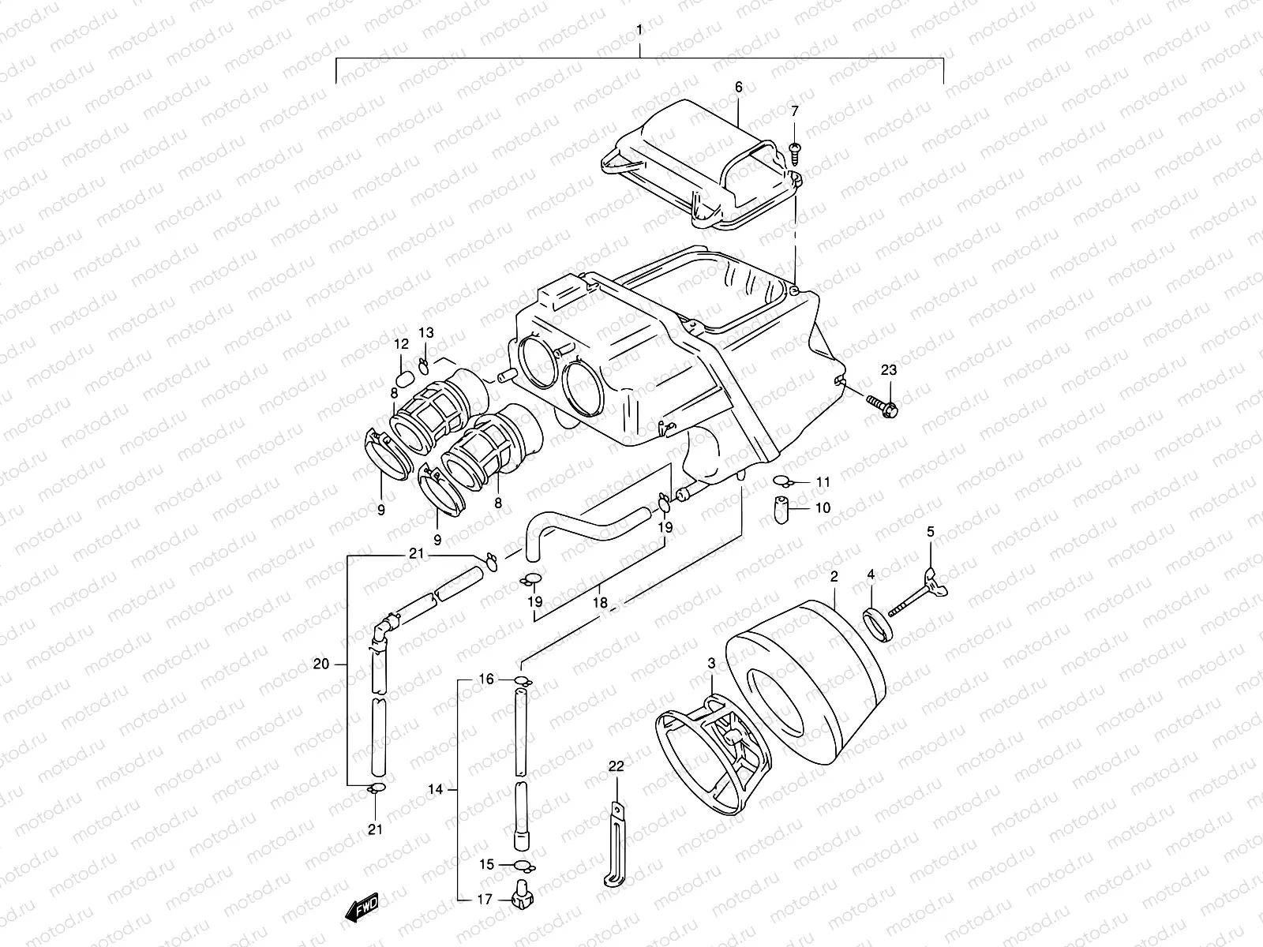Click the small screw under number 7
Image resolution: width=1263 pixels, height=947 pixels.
point(795,148)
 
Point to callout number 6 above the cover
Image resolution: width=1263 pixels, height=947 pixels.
point(739,88)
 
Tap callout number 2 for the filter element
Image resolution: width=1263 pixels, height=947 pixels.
point(834,577)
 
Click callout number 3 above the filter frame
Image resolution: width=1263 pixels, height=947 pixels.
point(711,665)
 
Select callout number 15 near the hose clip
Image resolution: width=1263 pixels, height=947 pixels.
point(487,865)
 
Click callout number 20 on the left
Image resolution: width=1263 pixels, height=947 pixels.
point(320,664)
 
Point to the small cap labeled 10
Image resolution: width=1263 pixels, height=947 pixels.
point(781,509)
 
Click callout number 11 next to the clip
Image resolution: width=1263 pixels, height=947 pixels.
point(823,481)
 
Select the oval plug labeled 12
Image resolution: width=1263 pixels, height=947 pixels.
point(403,376)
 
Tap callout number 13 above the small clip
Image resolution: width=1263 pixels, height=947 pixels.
point(426,332)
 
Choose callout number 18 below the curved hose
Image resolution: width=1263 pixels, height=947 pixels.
point(601,602)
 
